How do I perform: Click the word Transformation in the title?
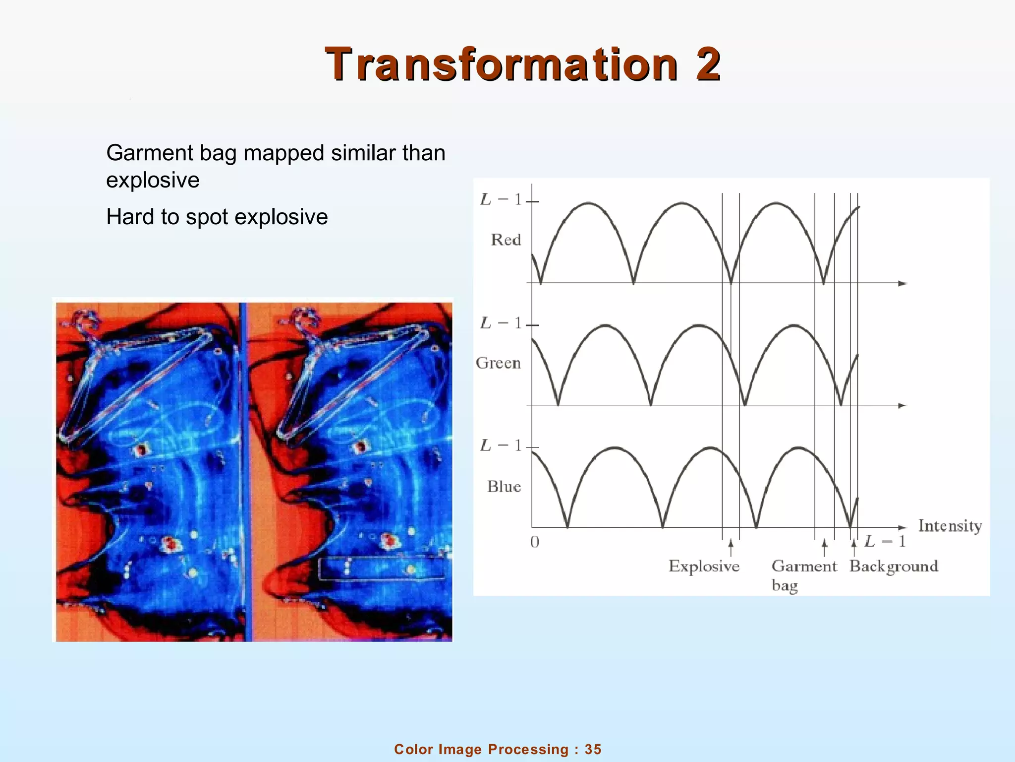(x=501, y=64)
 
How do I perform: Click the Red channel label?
(x=506, y=240)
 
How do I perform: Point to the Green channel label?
(x=498, y=363)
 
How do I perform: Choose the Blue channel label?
(x=504, y=487)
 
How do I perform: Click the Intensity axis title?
(x=950, y=526)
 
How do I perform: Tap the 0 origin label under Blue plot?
(x=534, y=542)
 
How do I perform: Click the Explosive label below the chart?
(x=704, y=566)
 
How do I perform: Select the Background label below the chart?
(x=894, y=566)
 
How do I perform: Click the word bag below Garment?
(x=785, y=586)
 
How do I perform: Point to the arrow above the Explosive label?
(x=731, y=547)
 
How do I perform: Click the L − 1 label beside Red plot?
(x=501, y=200)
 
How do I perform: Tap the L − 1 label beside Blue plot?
(x=501, y=445)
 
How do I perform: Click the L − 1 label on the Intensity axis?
(x=885, y=541)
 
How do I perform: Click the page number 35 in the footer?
(x=593, y=749)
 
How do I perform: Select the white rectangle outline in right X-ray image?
(x=382, y=569)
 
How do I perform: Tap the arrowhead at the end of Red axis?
(x=902, y=283)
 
